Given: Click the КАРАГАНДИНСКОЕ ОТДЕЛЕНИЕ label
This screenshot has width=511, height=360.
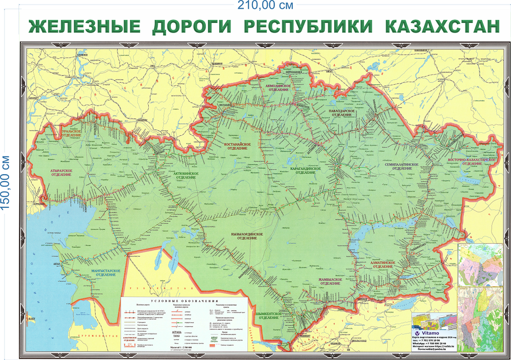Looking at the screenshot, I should [x=305, y=170].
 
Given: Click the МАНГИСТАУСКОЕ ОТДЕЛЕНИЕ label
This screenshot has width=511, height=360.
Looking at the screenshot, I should [x=105, y=272].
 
